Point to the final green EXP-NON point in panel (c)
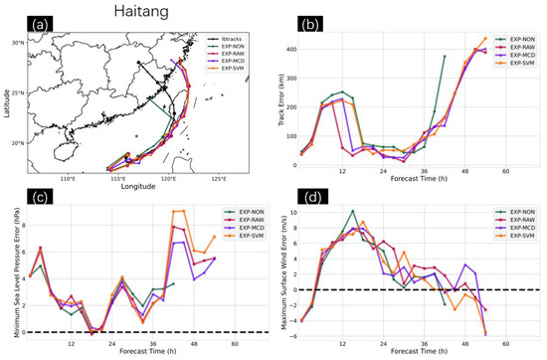(173, 283)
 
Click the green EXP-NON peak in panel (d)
(352, 211)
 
